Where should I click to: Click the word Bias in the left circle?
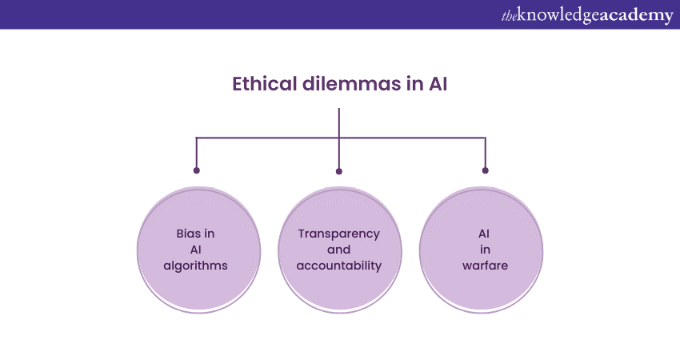click(x=190, y=234)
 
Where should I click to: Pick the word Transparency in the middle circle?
click(x=338, y=234)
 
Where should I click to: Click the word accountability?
click(x=338, y=266)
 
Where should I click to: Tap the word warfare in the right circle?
click(x=485, y=266)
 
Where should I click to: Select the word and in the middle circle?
click(x=338, y=250)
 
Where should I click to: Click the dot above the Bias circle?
click(x=197, y=170)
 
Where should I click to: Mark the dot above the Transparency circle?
click(x=339, y=171)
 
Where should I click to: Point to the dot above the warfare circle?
click(x=485, y=170)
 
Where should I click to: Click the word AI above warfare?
click(x=485, y=234)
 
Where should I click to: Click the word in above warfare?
click(x=485, y=250)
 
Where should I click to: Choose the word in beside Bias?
click(x=210, y=234)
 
